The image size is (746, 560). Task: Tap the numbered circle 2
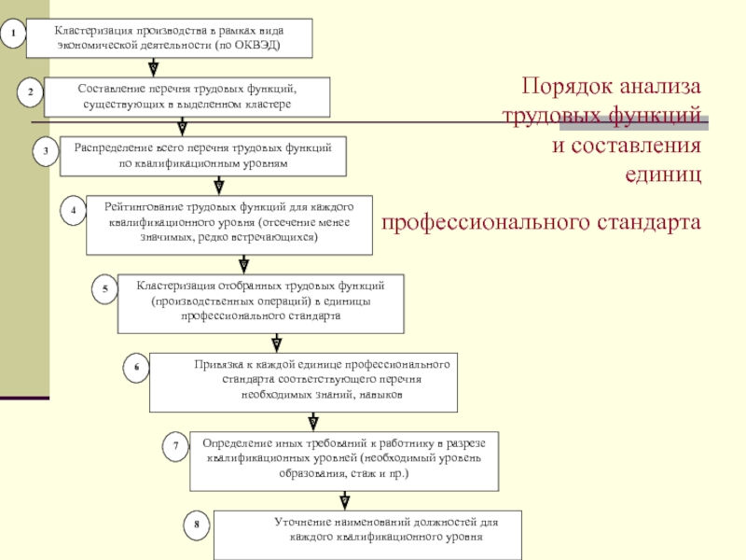[x=30, y=92]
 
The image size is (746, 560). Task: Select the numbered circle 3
[x=45, y=151]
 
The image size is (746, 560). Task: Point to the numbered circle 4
[x=73, y=211]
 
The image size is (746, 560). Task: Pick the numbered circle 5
[x=105, y=290]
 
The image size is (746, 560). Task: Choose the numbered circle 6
[x=136, y=369]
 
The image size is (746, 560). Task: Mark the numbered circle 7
[x=174, y=447]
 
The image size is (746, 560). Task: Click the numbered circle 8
[x=197, y=525]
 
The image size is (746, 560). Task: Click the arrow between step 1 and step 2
[x=153, y=68]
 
